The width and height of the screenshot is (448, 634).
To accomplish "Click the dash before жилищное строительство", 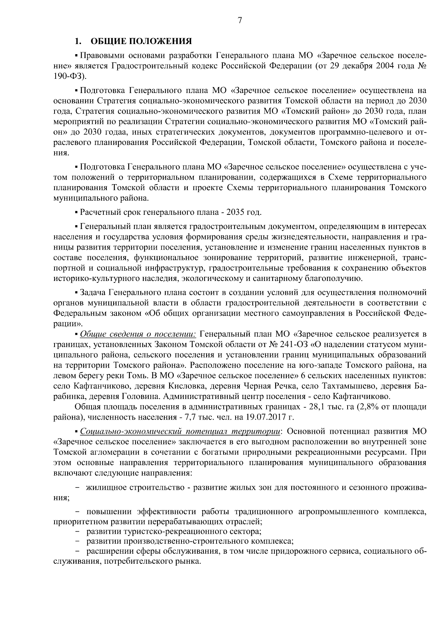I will click(77, 488).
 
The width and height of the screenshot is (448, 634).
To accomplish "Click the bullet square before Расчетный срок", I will click(77, 213).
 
